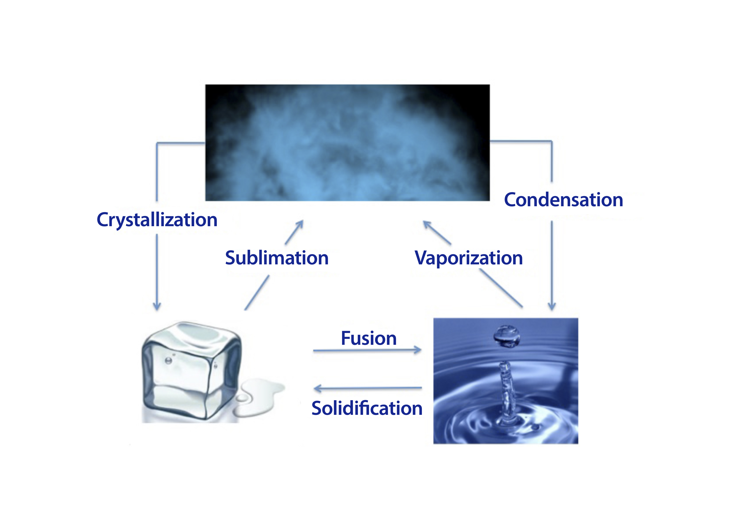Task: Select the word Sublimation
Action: coord(277,258)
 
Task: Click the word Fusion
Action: coord(369,338)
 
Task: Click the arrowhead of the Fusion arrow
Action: coord(419,350)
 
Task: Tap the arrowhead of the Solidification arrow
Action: coord(317,388)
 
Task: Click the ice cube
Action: coord(191,373)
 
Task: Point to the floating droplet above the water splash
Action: coord(506,336)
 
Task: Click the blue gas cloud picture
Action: coord(347,143)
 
